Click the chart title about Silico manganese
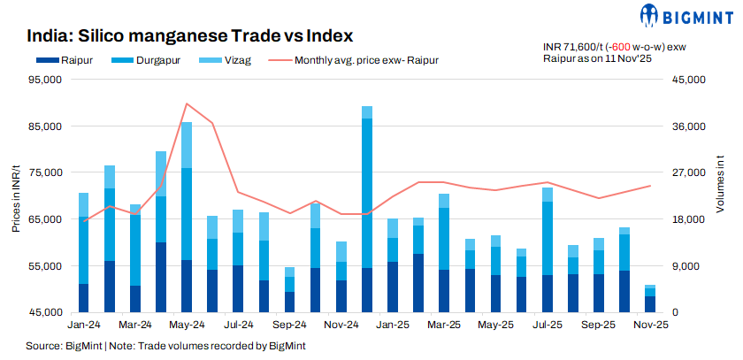(x=190, y=36)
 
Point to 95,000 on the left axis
(x=42, y=80)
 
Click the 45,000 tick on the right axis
(x=686, y=80)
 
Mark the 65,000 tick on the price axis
(x=42, y=219)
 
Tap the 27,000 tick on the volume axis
(x=686, y=172)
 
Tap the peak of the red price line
(x=186, y=103)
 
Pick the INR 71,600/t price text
(x=573, y=46)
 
